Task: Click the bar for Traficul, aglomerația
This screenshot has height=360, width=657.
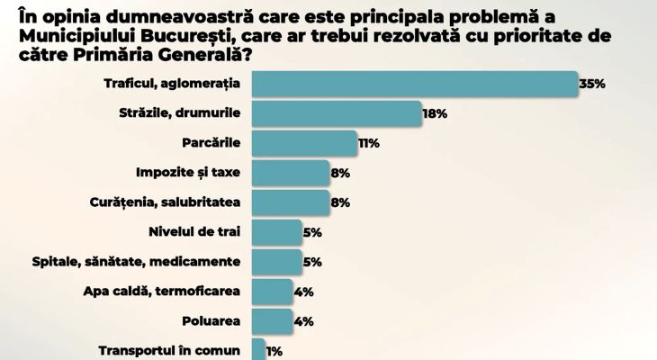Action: (x=415, y=84)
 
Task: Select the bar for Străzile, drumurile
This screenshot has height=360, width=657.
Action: (x=337, y=113)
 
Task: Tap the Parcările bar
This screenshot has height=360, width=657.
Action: (x=304, y=143)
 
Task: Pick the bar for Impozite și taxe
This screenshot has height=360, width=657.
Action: (x=291, y=173)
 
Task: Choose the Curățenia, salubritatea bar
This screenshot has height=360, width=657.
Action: (x=291, y=202)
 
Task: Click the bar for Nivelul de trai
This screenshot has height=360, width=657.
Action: (x=277, y=232)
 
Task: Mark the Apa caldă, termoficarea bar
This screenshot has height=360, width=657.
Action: (x=272, y=292)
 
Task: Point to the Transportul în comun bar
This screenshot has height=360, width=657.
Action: (x=258, y=349)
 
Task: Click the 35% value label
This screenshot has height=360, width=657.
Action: (x=592, y=84)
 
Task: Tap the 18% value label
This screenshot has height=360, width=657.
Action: (x=435, y=113)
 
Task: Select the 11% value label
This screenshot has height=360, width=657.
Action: (x=369, y=143)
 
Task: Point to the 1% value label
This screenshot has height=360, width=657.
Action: (x=274, y=351)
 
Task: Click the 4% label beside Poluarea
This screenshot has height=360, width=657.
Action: (x=304, y=321)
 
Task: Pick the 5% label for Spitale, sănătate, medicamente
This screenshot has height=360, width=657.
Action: (x=312, y=263)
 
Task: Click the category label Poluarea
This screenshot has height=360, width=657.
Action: (x=211, y=321)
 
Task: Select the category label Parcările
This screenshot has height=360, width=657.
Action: (x=211, y=143)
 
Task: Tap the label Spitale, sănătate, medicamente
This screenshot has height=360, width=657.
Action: (x=136, y=262)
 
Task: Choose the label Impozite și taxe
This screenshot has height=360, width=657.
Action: (x=188, y=173)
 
